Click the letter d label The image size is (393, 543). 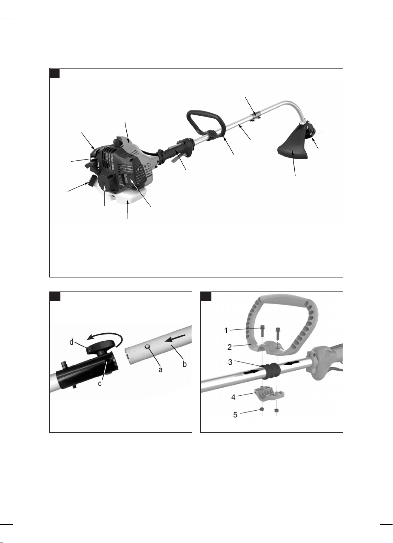71,342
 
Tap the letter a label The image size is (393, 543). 160,370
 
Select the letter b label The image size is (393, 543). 185,364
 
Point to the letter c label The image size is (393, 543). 100,384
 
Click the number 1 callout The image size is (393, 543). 226,330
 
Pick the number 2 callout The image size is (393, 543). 230,347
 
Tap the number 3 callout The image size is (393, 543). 231,362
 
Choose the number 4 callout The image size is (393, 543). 234,397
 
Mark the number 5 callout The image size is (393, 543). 235,415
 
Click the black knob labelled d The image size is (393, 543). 100,345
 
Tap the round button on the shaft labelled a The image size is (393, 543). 148,348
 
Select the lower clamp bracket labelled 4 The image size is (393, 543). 269,393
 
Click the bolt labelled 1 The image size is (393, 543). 262,331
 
